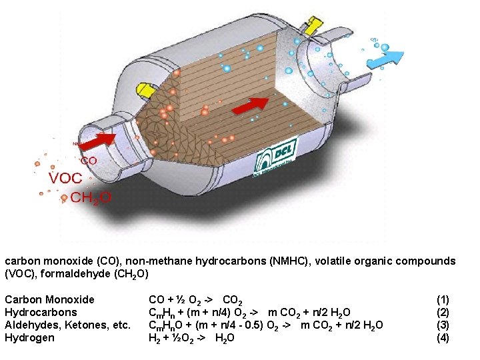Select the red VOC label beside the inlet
[65, 179]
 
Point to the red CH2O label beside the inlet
[91, 198]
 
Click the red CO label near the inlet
[89, 161]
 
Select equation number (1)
[443, 299]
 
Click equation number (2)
[443, 312]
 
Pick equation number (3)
[443, 325]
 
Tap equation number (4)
[443, 337]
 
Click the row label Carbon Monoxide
[49, 299]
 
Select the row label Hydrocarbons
[41, 312]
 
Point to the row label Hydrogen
[30, 337]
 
